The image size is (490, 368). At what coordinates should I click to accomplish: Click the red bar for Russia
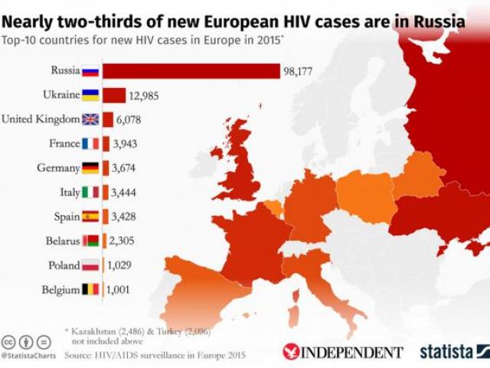(x=191, y=71)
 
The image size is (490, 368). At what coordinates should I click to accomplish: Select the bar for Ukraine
(x=114, y=95)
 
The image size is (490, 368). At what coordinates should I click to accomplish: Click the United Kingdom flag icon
(x=90, y=120)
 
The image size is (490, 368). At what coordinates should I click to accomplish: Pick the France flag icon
(x=90, y=143)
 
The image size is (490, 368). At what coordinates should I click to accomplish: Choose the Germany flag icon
(x=90, y=168)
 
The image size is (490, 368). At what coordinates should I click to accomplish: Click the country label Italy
(x=66, y=192)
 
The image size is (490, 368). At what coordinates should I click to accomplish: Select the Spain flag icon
(x=90, y=216)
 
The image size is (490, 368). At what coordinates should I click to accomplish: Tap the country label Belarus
(x=60, y=241)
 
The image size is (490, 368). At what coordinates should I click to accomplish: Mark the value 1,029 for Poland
(x=126, y=265)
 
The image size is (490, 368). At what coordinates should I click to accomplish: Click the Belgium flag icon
(x=90, y=290)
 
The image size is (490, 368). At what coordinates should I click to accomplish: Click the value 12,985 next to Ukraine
(x=146, y=95)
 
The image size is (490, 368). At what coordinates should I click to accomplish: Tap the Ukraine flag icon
(x=90, y=95)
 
